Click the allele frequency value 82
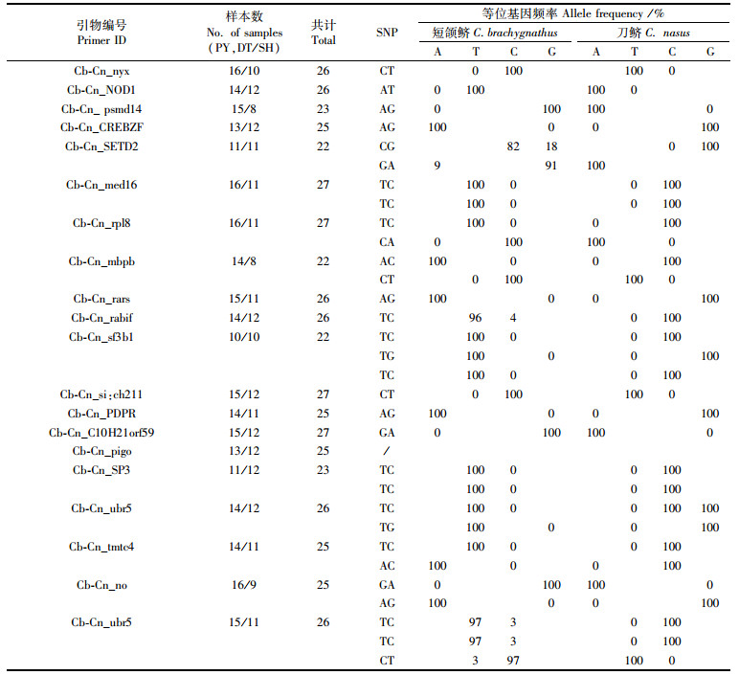[513, 146]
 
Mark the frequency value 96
[475, 318]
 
